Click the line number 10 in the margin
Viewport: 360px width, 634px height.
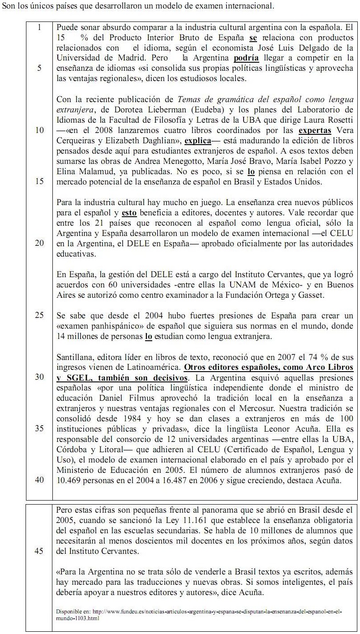(x=39, y=130)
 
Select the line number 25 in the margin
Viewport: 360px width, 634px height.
(x=39, y=315)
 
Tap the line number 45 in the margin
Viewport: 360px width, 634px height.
(x=39, y=551)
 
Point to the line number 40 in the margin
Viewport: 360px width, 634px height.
(x=39, y=480)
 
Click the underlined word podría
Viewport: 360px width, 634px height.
(x=246, y=58)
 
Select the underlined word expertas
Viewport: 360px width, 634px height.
(x=315, y=130)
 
